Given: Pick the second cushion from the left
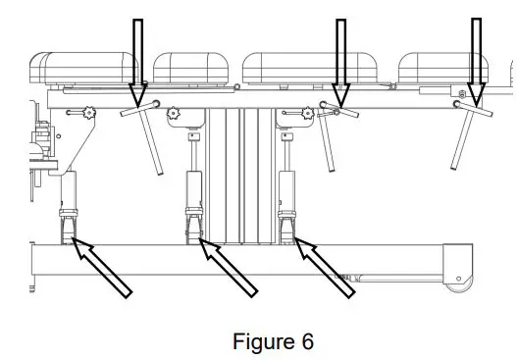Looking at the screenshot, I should (x=194, y=68).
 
